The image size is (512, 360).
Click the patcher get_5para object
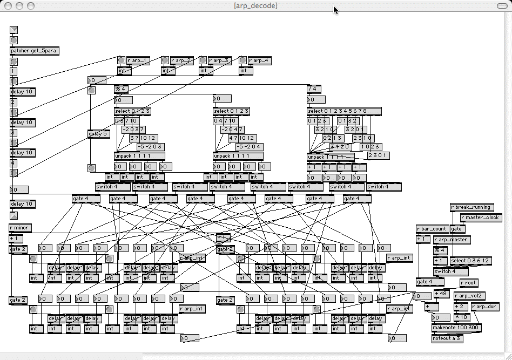click(33, 51)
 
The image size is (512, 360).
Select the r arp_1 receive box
click(138, 60)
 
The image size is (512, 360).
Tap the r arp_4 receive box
click(260, 60)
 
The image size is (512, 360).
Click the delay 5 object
click(99, 134)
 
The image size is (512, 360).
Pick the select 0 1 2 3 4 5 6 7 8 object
click(344, 111)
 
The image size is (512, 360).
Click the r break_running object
click(471, 207)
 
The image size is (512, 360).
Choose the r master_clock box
click(481, 218)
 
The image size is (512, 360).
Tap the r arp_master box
click(452, 239)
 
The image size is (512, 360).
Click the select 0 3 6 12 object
click(470, 261)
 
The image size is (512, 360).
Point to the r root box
click(469, 282)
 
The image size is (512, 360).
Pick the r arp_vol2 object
click(469, 296)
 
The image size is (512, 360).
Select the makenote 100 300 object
click(456, 328)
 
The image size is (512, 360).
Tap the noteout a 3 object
click(447, 338)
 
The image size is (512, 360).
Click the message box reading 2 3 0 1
click(378, 155)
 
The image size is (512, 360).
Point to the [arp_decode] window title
click(255, 5)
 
